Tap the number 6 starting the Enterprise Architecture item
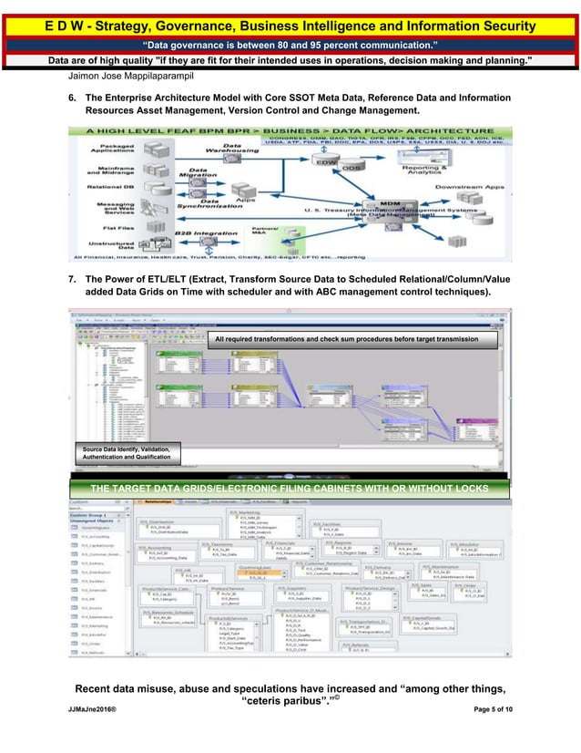pos(72,97)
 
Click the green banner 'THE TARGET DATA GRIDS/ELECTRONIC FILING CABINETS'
pos(290,488)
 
